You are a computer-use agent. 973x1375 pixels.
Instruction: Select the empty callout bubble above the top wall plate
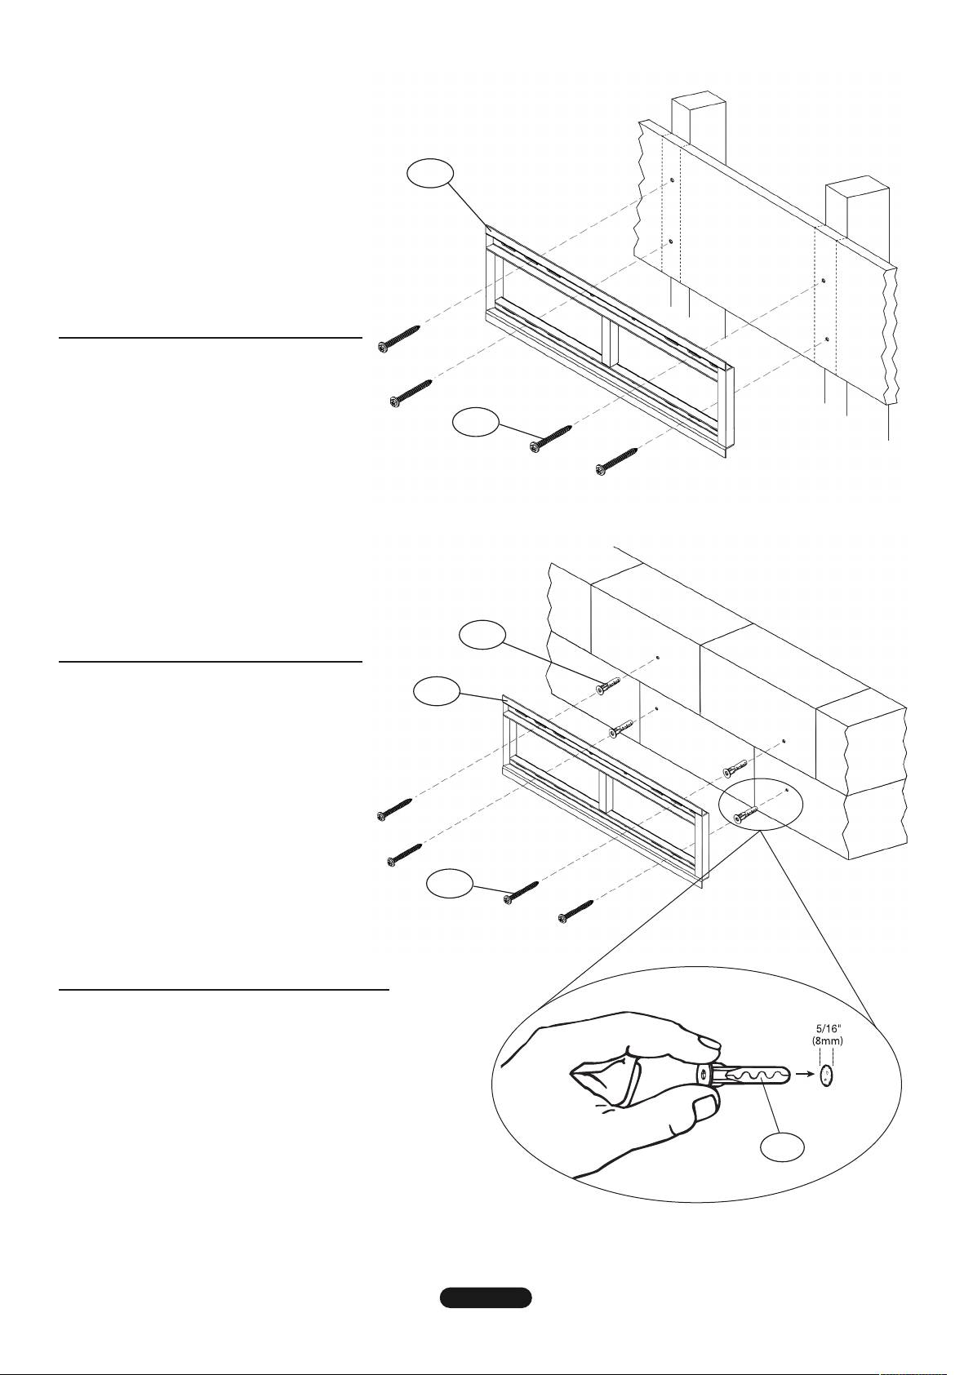coord(431,174)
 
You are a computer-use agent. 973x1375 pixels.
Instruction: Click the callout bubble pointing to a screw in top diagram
coord(476,423)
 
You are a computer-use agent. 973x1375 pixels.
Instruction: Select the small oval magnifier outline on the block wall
coord(760,805)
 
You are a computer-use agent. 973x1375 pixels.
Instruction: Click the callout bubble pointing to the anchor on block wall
coord(483,636)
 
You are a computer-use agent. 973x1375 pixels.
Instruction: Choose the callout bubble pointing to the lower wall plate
coord(436,692)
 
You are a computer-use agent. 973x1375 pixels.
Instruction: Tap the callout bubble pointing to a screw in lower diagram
coord(451,885)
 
